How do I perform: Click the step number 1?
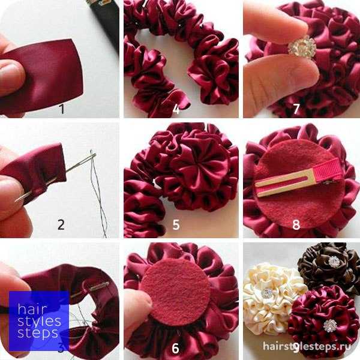tap(62, 109)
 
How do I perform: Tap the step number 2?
tap(61, 224)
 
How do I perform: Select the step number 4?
tap(176, 109)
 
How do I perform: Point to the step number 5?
tap(176, 225)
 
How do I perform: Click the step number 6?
tap(176, 348)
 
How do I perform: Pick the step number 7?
tap(296, 109)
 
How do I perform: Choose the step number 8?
tap(296, 224)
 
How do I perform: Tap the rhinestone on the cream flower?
tap(267, 293)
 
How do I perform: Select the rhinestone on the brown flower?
tap(334, 261)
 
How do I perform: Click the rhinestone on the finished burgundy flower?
tap(330, 326)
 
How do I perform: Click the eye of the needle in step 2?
tap(92, 157)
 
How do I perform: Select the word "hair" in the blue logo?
tap(32, 309)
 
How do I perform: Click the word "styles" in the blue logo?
tap(39, 322)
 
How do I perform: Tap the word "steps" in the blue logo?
tap(38, 334)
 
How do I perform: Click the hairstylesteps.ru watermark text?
tap(307, 346)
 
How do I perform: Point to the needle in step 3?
tap(90, 290)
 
